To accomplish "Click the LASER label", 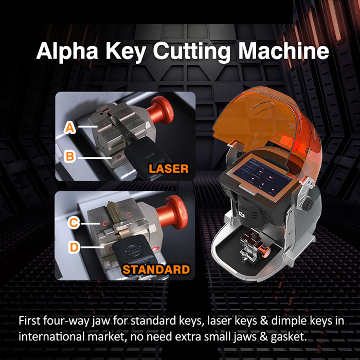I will (168, 168).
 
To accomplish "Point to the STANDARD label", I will (156, 269).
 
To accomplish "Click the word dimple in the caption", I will (276, 321).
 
